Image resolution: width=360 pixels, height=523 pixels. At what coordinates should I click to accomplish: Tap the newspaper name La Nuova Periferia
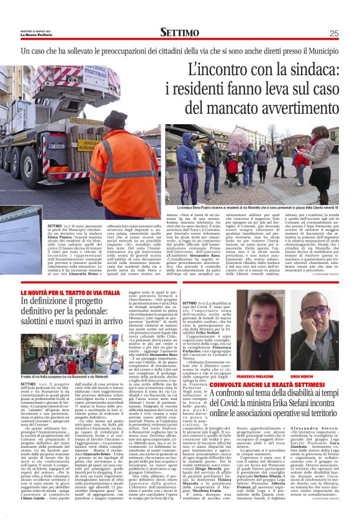tap(40, 34)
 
